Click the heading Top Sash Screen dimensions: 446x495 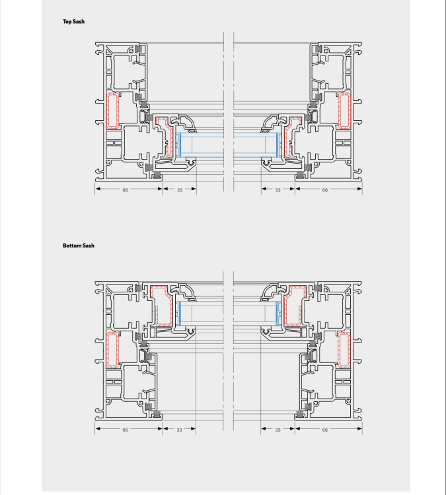73,22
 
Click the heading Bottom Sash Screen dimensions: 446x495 79,246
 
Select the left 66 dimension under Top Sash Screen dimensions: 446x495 125,189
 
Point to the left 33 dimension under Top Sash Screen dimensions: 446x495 180,189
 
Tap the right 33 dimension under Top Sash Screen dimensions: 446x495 278,189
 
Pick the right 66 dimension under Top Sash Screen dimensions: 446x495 324,189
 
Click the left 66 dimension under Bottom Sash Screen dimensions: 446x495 125,430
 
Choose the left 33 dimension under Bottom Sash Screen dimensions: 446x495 179,430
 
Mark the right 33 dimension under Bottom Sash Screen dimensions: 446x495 278,430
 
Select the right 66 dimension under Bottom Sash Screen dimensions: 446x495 324,430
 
